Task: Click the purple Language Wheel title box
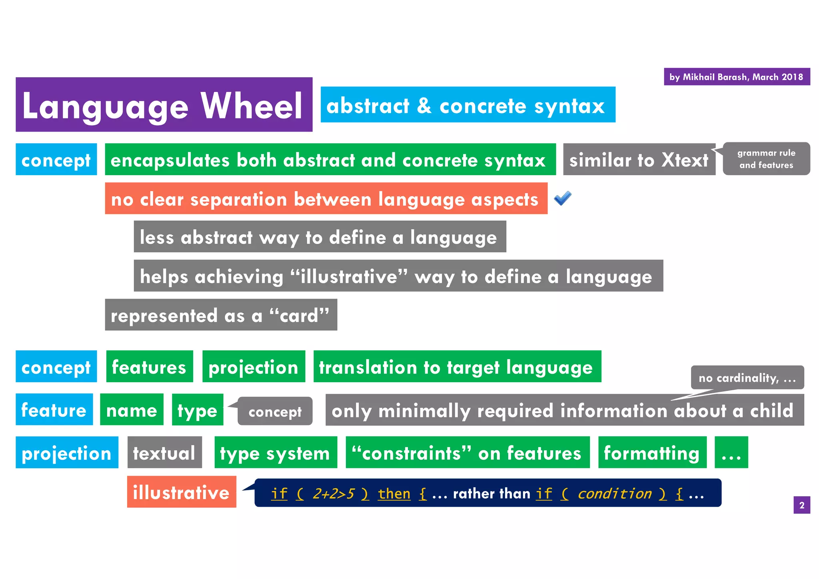tap(164, 105)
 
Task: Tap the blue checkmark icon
tap(563, 198)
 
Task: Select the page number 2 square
tap(801, 505)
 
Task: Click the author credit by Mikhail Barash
tap(737, 77)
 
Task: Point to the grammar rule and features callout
tap(766, 159)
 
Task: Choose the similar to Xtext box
tap(639, 160)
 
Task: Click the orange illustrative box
tap(182, 492)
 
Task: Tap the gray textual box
tap(164, 453)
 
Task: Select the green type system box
tap(275, 453)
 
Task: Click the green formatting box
tap(652, 453)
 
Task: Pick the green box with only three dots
tap(731, 453)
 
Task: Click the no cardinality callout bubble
tap(747, 377)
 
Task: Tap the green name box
tap(132, 410)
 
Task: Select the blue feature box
tap(54, 410)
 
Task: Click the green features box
tap(149, 367)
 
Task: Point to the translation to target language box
tap(457, 367)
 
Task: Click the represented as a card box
tap(221, 315)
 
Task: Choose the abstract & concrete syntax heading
tap(467, 105)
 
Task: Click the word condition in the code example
tap(615, 493)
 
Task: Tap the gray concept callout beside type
tap(275, 411)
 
